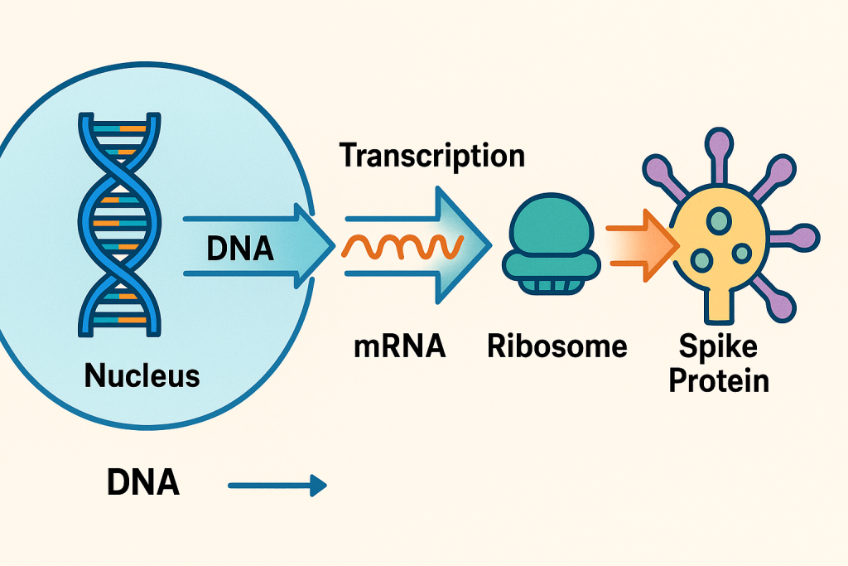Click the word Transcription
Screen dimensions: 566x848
(432, 156)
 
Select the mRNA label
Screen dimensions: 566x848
(400, 346)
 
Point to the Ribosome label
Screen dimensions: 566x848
(557, 346)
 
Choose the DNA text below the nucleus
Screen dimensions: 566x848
(142, 483)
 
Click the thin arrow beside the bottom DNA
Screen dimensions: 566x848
(277, 486)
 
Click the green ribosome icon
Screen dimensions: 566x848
(547, 245)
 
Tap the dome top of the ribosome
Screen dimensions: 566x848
(547, 228)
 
